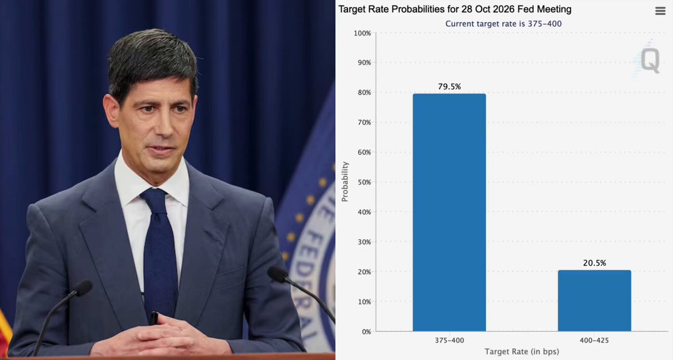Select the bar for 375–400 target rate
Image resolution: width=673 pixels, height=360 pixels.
click(450, 212)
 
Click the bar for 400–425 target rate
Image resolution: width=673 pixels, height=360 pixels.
click(594, 300)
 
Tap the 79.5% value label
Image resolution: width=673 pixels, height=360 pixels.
click(450, 87)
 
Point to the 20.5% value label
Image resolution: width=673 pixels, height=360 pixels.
click(594, 263)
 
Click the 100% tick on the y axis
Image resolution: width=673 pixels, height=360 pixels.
click(362, 33)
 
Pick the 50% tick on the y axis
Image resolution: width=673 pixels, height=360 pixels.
click(364, 182)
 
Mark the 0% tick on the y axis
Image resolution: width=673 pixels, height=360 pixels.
click(366, 332)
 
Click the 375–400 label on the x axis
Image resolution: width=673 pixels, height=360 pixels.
click(450, 340)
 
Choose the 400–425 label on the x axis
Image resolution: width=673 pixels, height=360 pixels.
click(594, 340)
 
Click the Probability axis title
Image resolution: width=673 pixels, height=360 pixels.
click(345, 182)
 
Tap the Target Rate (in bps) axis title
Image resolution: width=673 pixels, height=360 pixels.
click(521, 352)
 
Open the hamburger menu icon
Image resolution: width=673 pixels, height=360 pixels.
click(660, 11)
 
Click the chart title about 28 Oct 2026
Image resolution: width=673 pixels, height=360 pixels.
click(455, 9)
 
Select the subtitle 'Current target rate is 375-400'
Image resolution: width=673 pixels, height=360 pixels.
click(503, 24)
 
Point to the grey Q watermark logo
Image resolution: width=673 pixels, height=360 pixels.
click(650, 60)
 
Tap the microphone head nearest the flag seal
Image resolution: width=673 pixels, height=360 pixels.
click(277, 275)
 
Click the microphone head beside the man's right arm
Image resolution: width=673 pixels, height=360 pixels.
click(83, 288)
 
